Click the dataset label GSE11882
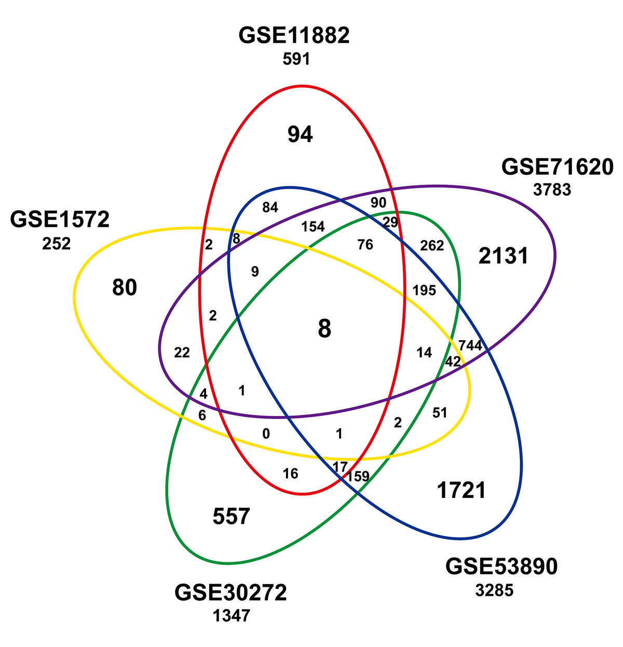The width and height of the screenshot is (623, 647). tap(294, 36)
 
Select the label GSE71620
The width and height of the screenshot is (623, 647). tap(557, 168)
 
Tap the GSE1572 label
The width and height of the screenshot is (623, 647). tap(60, 220)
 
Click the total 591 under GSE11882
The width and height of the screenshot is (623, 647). tap(296, 59)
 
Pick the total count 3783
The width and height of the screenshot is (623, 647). tap(552, 190)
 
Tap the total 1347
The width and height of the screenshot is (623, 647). tap(231, 616)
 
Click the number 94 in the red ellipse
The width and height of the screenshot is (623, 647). tap(301, 135)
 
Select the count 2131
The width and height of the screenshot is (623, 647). tap(503, 256)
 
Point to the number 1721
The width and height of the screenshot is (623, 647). tap(461, 490)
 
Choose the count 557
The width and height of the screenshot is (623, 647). tap(232, 517)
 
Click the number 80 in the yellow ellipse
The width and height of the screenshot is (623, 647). tap(125, 288)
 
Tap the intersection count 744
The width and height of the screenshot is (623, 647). tap(470, 345)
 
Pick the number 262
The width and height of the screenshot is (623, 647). tap(432, 246)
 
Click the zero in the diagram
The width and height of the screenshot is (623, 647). tap(266, 434)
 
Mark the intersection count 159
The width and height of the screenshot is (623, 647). tap(358, 476)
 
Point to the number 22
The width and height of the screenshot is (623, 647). tap(182, 353)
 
